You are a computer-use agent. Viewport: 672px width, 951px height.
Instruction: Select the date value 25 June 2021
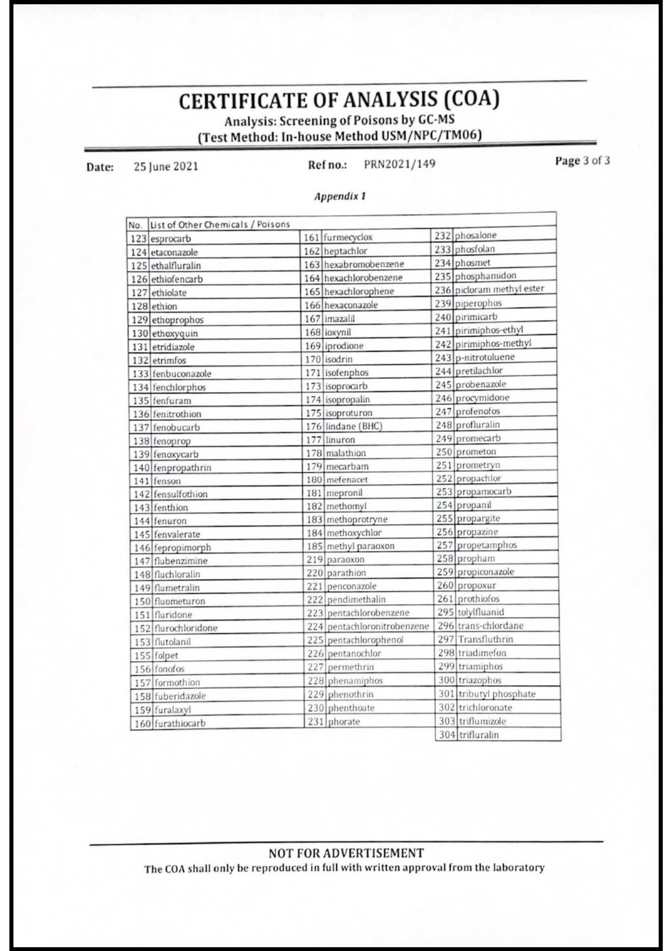166,166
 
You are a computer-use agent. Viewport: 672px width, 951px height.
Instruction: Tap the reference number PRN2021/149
400,164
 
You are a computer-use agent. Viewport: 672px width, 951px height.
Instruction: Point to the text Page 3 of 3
583,160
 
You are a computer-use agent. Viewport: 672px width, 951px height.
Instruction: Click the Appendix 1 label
340,196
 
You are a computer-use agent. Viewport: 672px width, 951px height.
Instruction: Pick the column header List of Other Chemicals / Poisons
220,224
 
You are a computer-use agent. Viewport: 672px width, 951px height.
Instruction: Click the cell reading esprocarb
171,239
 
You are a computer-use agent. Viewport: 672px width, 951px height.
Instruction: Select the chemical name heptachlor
346,251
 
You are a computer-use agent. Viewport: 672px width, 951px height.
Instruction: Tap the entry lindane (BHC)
354,426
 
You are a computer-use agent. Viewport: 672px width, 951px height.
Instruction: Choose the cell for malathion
346,453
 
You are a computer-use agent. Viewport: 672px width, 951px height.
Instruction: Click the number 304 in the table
447,735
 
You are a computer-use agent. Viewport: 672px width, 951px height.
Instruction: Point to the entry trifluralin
479,735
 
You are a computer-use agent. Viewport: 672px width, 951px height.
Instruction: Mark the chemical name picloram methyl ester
499,289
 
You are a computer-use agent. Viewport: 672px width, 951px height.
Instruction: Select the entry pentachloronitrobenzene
378,626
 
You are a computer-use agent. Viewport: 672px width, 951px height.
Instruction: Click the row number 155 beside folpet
142,655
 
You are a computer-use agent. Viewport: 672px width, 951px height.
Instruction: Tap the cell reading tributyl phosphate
497,694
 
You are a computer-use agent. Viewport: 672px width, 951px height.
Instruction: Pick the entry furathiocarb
180,724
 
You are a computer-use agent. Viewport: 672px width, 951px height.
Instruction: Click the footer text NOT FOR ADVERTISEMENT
346,853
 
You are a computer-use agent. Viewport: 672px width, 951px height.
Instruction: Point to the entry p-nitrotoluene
485,357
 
